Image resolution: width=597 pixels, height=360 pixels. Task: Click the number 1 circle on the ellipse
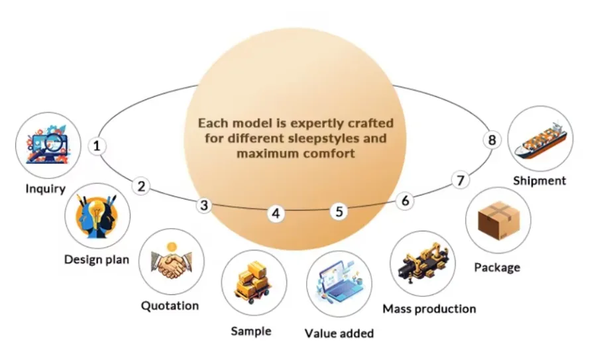98,145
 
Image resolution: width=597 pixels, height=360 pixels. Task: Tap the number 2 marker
141,186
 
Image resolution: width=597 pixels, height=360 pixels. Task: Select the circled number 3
205,206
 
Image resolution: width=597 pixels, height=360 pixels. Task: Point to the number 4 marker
276,213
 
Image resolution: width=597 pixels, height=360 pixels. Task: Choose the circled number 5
339,211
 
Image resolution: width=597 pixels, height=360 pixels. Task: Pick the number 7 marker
461,179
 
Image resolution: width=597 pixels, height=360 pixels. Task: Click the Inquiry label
45,188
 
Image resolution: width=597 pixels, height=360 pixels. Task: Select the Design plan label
97,259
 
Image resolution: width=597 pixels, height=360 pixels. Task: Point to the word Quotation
170,306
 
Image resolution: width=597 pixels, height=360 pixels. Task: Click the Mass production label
429,308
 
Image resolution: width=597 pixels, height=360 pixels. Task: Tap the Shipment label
539,180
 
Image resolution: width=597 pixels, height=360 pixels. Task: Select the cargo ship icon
541,139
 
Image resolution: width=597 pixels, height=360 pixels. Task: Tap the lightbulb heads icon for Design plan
97,216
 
